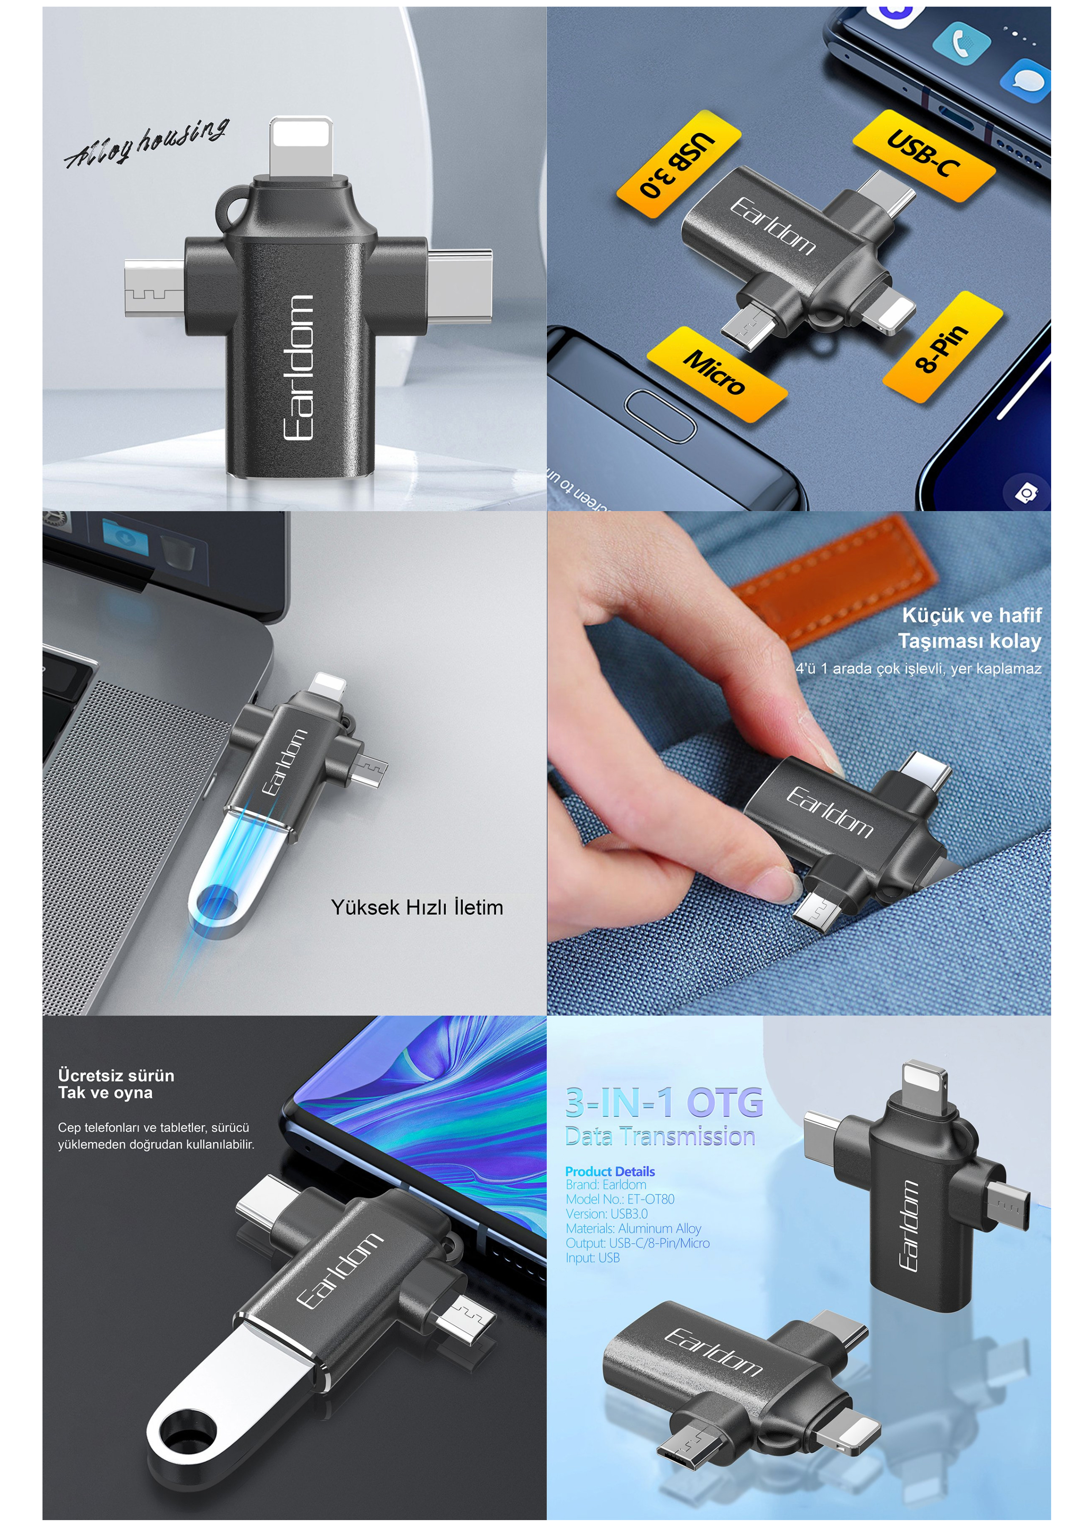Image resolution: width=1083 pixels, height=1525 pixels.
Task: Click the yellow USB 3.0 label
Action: click(x=678, y=163)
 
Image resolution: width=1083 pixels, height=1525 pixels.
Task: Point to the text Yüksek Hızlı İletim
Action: click(x=418, y=907)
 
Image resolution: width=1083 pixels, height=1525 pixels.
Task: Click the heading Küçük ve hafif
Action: click(x=972, y=615)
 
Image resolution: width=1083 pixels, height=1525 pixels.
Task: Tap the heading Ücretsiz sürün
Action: click(x=116, y=1075)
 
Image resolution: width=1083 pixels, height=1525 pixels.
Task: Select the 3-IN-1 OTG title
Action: click(x=664, y=1102)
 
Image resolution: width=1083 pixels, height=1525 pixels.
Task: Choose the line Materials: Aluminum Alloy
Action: click(x=634, y=1228)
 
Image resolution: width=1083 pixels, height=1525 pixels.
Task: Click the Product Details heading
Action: click(x=610, y=1171)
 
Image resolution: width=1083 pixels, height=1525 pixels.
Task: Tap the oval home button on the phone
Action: click(x=660, y=416)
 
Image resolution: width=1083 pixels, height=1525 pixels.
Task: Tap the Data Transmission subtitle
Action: click(x=660, y=1136)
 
